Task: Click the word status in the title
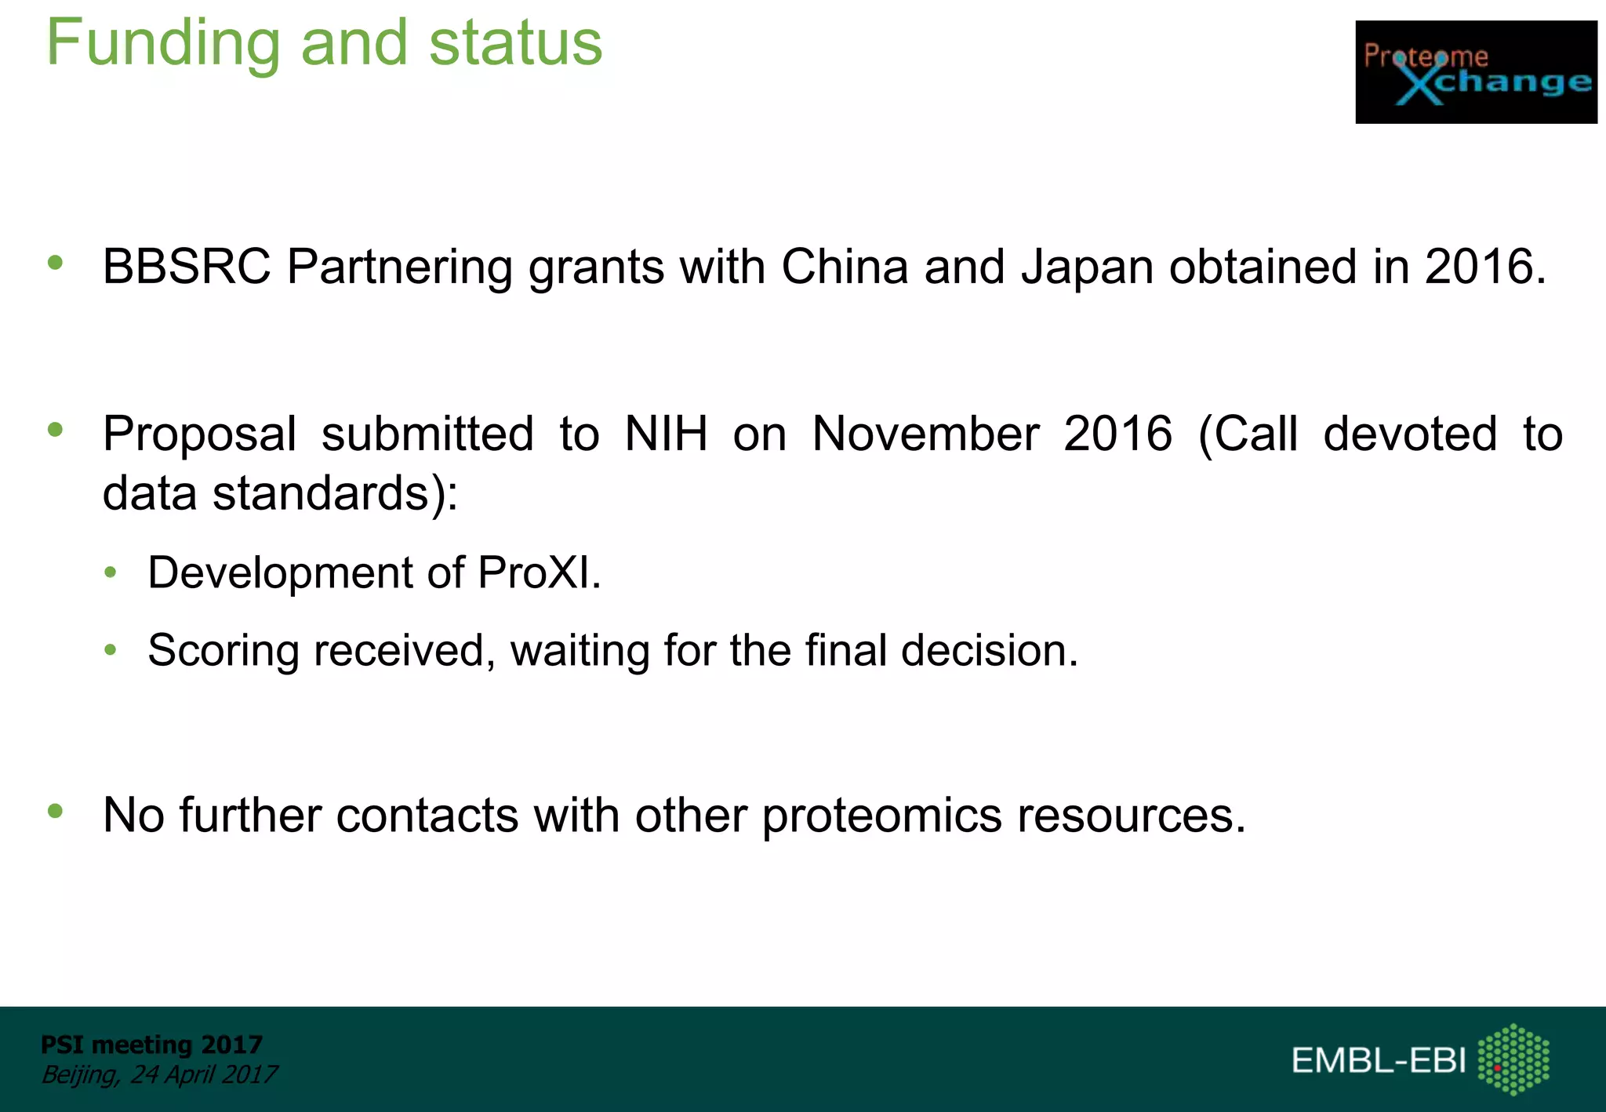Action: [515, 44]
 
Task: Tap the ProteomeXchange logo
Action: [1476, 72]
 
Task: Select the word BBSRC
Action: [187, 267]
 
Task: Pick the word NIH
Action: [666, 434]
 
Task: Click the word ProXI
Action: [539, 572]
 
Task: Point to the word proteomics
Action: [881, 816]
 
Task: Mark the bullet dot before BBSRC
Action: [55, 263]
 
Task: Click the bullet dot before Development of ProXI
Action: [111, 572]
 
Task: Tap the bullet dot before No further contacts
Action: [55, 811]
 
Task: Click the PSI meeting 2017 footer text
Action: [151, 1045]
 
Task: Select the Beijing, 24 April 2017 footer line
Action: [159, 1074]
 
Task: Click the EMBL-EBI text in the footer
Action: [1378, 1060]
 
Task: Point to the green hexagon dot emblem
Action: [1513, 1059]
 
